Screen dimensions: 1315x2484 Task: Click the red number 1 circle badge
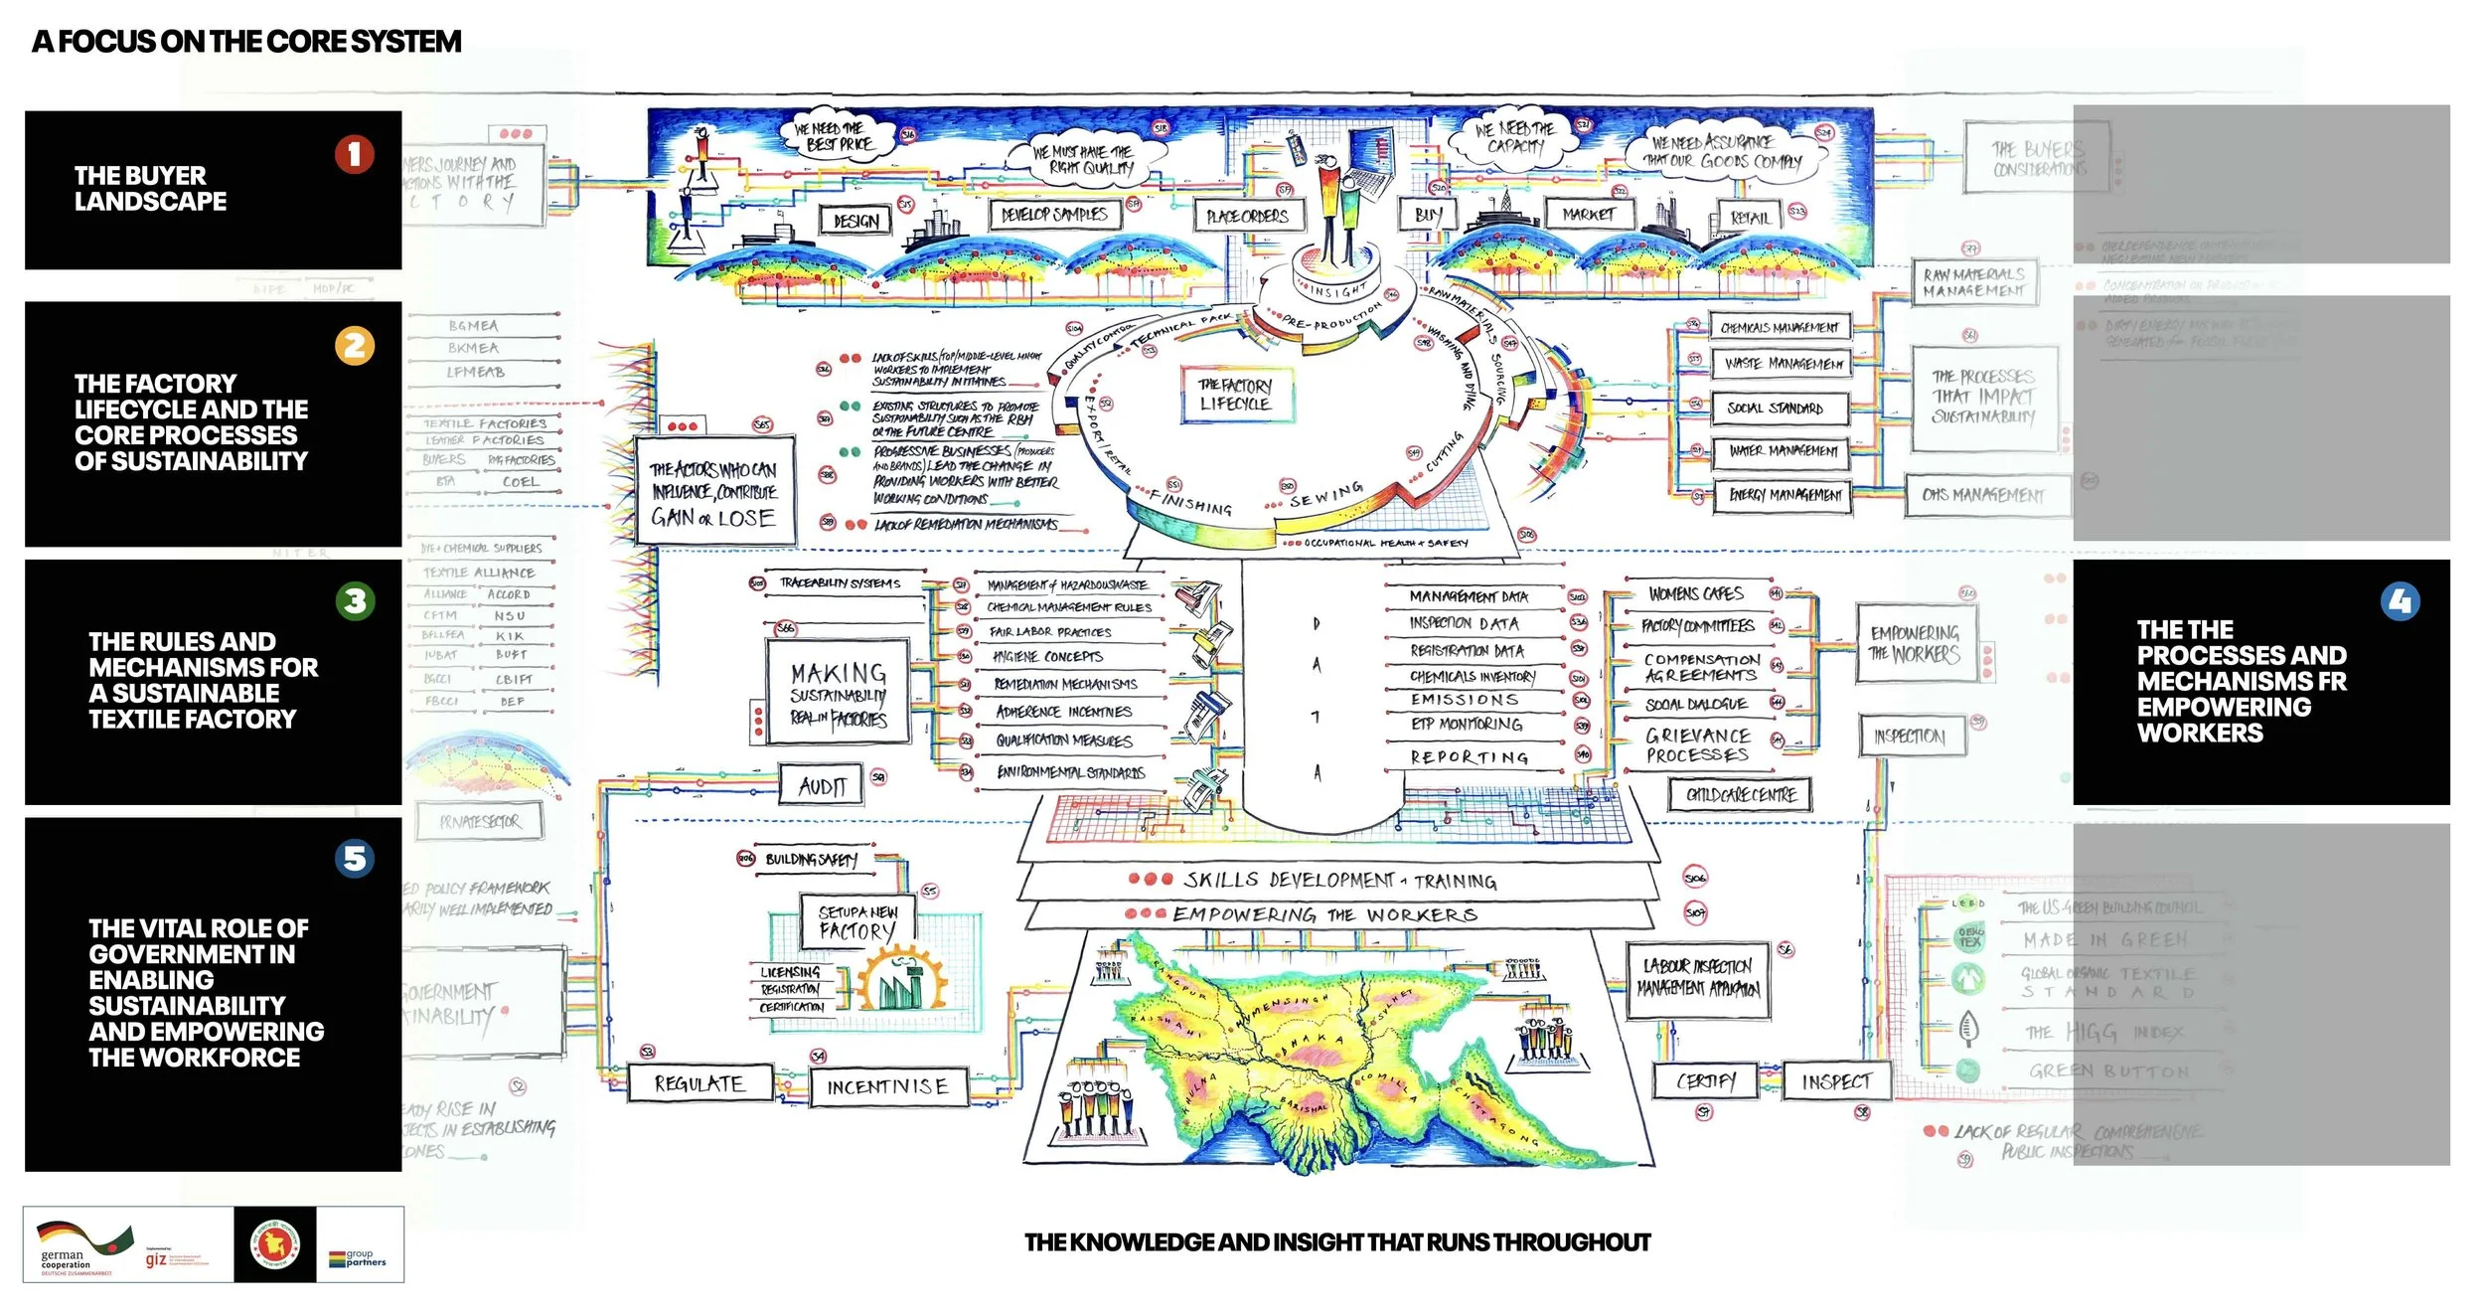(354, 154)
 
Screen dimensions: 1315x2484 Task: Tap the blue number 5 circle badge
(355, 858)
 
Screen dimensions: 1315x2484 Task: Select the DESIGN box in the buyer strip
(855, 221)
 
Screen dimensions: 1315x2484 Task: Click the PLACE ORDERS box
(1247, 216)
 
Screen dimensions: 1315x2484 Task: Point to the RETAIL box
(1750, 218)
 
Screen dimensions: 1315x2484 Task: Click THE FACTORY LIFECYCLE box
(1234, 395)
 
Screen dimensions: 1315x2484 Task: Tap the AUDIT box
(822, 786)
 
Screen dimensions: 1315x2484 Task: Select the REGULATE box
(699, 1083)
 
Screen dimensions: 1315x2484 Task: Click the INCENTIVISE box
(887, 1086)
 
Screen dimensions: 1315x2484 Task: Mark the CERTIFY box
(1706, 1080)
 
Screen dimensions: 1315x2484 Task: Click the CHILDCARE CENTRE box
(1742, 794)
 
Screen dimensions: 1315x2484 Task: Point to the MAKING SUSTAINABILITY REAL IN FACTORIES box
(839, 692)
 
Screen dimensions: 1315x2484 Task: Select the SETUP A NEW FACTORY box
(857, 922)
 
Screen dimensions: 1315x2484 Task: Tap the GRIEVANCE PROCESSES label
(1697, 745)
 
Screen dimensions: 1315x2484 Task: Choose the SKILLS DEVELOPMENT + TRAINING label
(1339, 881)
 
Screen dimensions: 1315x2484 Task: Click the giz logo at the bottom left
(157, 1259)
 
